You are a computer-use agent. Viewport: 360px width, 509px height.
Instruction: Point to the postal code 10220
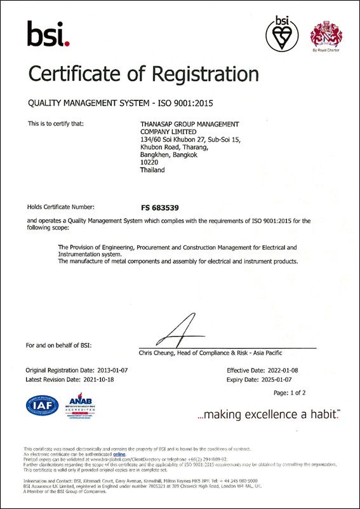[x=148, y=162]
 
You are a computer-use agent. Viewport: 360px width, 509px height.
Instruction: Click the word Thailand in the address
[x=152, y=170]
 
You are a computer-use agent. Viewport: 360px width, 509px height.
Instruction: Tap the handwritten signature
[x=185, y=332]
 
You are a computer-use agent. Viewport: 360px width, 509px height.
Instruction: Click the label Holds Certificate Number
[x=60, y=207]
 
